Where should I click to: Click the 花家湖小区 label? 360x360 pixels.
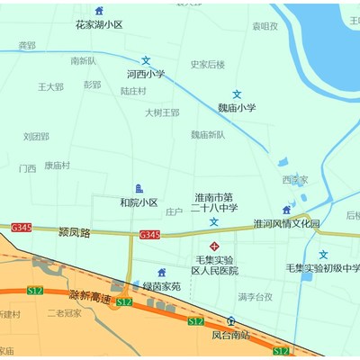[99, 25]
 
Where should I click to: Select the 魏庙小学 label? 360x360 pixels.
[237, 107]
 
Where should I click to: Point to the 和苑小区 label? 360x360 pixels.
[139, 202]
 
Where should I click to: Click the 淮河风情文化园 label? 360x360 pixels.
[286, 223]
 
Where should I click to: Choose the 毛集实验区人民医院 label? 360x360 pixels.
[214, 265]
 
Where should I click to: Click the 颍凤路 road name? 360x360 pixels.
[74, 231]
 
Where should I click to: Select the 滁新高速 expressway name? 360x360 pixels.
[90, 297]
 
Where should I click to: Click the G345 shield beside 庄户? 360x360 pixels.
[149, 235]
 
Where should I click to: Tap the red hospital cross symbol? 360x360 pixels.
[214, 246]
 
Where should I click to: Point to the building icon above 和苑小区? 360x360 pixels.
[139, 188]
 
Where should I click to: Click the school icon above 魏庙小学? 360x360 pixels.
[237, 94]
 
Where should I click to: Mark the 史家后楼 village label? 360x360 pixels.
[208, 64]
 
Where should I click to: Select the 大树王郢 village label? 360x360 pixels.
[162, 112]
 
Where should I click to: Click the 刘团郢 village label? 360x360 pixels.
[36, 137]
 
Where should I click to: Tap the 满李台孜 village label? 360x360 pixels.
[255, 297]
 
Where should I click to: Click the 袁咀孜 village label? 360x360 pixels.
[265, 26]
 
